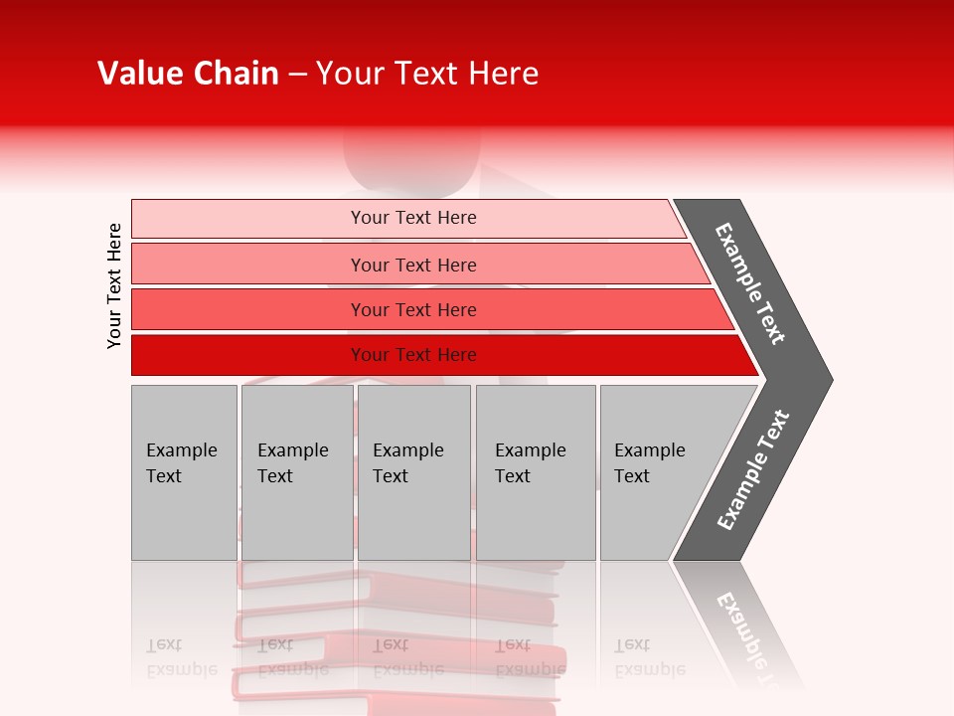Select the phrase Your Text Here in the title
427,74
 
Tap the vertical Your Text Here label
114,285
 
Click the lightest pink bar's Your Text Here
413,218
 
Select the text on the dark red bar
413,355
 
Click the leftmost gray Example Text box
184,472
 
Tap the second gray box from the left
296,472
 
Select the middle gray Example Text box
413,472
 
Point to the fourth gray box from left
536,472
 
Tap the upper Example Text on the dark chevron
750,283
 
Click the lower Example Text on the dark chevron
753,470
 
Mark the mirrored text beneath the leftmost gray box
181,656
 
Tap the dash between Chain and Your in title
297,75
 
